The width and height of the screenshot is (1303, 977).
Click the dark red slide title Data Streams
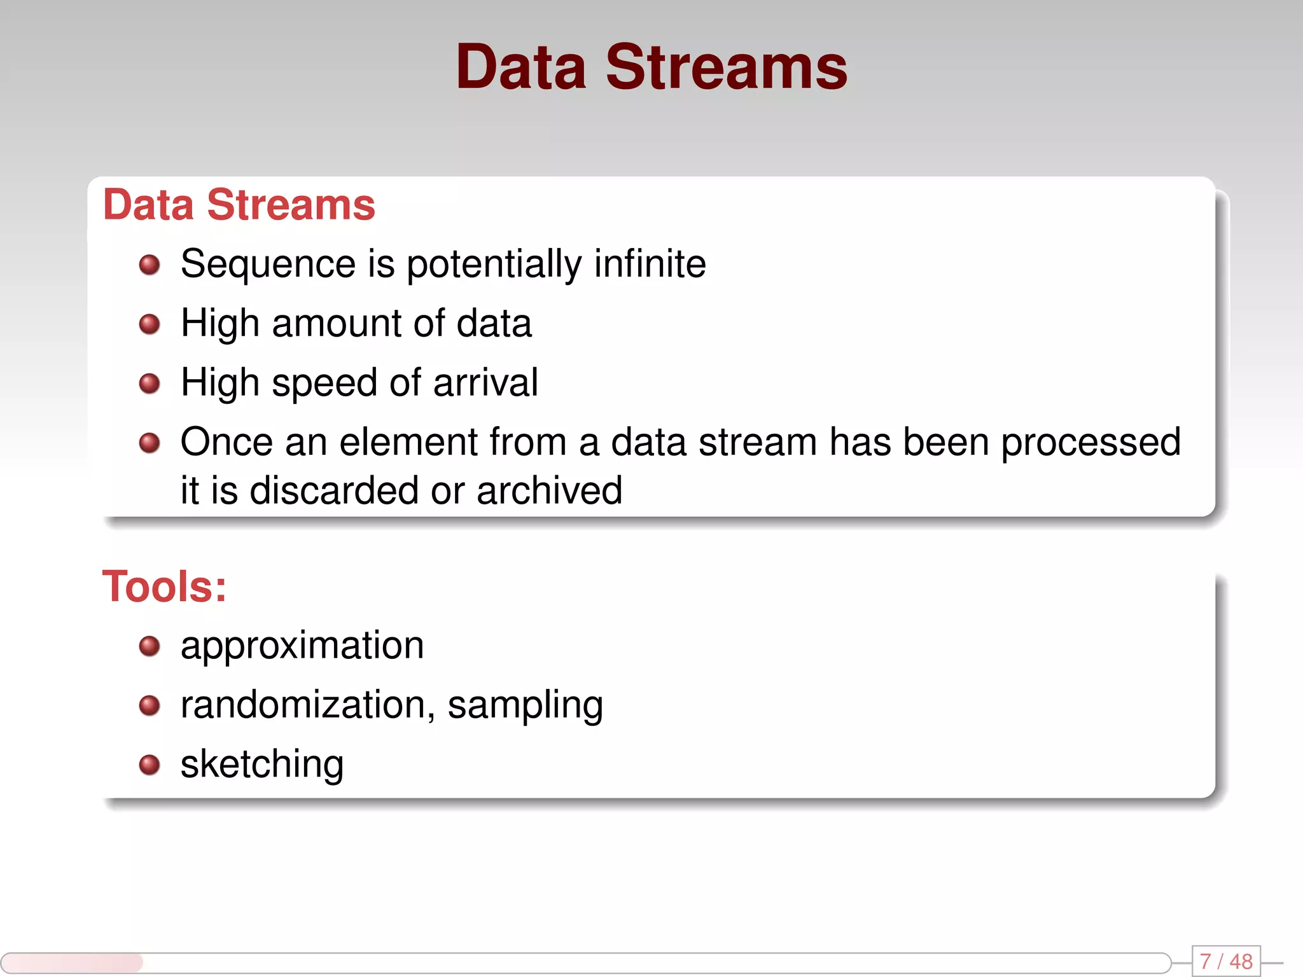[651, 67]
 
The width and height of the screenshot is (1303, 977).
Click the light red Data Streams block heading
[239, 205]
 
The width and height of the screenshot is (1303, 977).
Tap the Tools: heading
[164, 586]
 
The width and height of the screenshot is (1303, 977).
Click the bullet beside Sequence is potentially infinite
[150, 265]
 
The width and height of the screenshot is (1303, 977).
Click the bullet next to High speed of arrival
[150, 383]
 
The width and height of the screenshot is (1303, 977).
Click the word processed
[1090, 441]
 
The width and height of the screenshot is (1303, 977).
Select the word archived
[549, 490]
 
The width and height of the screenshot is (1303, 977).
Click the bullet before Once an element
[150, 442]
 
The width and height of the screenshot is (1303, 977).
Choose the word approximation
[302, 646]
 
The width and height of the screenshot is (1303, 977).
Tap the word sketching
[262, 764]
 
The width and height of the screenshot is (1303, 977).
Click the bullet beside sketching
[150, 765]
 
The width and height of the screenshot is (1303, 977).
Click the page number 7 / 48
[1225, 961]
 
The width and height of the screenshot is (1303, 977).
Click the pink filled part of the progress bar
[71, 962]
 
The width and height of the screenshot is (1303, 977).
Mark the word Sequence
[268, 265]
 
